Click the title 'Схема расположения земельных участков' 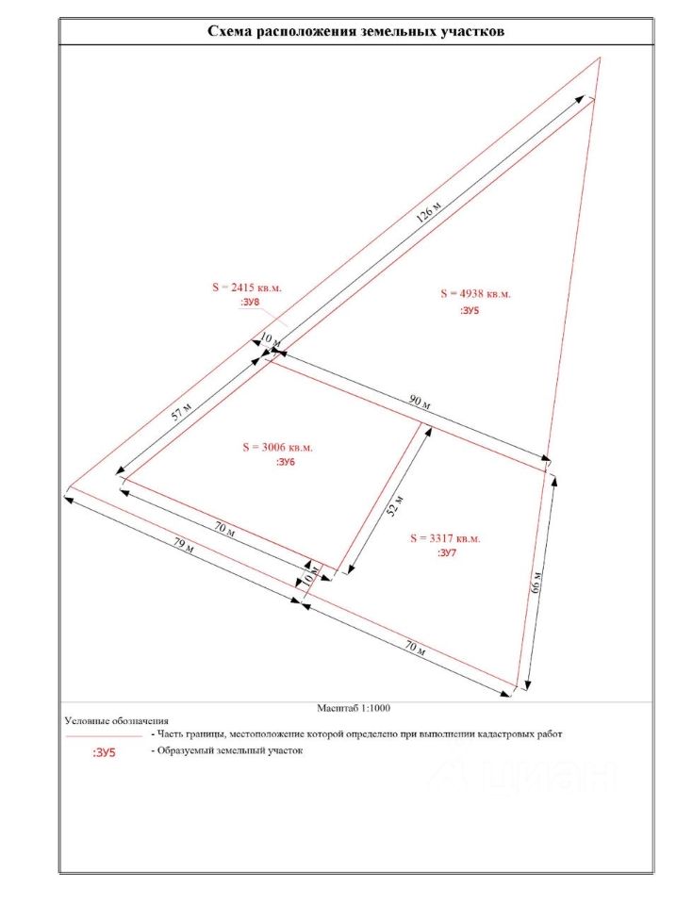click(x=356, y=31)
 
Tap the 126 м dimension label click(x=429, y=212)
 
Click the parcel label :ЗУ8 click(x=251, y=302)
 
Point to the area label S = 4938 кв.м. click(x=475, y=294)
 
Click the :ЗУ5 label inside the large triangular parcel click(x=470, y=309)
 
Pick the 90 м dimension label click(x=420, y=403)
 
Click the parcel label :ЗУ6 click(x=286, y=463)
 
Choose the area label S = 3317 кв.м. click(x=445, y=538)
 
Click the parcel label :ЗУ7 click(x=448, y=554)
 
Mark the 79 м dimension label click(x=187, y=546)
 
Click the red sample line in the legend click(x=103, y=733)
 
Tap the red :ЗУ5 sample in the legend click(x=105, y=753)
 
